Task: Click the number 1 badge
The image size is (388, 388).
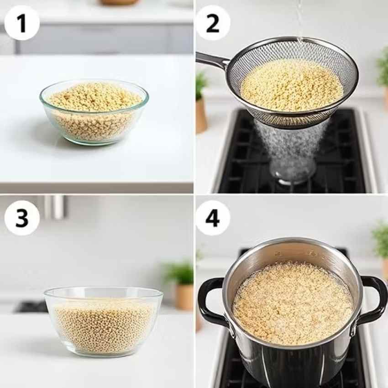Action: click(22, 23)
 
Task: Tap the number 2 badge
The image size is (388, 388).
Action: click(213, 23)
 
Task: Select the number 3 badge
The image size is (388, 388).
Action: click(22, 218)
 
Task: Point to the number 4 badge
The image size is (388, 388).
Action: click(213, 218)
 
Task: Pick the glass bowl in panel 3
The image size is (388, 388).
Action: click(104, 322)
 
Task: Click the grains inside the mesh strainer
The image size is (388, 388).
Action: click(292, 85)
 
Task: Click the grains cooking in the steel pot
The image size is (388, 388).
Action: click(293, 304)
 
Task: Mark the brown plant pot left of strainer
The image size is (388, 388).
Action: click(201, 116)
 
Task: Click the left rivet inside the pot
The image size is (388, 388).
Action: click(278, 254)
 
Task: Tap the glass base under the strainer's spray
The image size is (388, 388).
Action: click(292, 174)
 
